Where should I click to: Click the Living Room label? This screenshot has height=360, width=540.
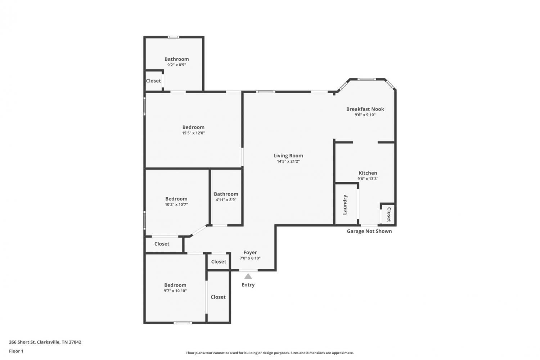[288, 156]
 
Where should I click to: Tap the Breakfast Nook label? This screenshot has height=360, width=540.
[365, 109]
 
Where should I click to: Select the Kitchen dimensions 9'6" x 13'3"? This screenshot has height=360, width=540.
[368, 179]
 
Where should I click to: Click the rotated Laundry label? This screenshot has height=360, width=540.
[345, 205]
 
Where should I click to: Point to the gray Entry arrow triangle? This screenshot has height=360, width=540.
[248, 276]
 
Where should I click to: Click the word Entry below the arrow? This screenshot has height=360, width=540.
[248, 285]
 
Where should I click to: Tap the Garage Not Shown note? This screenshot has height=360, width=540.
[369, 231]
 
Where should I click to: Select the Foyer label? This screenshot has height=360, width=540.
[250, 252]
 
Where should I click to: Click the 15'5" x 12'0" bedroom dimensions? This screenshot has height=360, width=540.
[193, 133]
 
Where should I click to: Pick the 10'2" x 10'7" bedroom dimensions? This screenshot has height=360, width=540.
[176, 204]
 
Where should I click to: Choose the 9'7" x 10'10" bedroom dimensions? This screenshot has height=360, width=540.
[175, 291]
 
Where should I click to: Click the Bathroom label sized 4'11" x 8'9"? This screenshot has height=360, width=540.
[226, 194]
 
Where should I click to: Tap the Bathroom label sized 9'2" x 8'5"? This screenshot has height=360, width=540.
[177, 59]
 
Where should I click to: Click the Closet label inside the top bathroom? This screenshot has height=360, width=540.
[153, 81]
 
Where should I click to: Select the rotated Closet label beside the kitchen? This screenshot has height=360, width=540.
[388, 215]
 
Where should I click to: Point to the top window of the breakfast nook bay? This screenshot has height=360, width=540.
[366, 79]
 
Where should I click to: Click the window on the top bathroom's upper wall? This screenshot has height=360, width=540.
[174, 37]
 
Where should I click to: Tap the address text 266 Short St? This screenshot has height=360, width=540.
[22, 342]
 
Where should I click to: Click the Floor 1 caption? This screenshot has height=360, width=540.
[16, 351]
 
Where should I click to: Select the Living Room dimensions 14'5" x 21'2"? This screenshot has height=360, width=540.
[288, 161]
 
